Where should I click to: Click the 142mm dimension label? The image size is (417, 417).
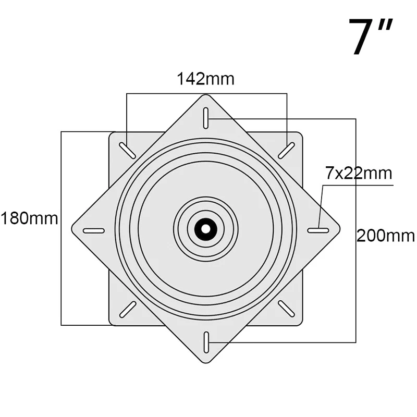(205, 79)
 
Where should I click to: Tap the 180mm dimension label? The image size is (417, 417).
(29, 218)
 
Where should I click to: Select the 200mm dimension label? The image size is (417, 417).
(385, 236)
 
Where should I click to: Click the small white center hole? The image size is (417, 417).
(205, 229)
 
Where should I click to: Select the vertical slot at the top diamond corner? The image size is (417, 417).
(206, 118)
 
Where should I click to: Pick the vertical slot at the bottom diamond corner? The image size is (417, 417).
(206, 342)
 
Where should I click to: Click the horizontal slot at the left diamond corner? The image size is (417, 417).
(94, 230)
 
